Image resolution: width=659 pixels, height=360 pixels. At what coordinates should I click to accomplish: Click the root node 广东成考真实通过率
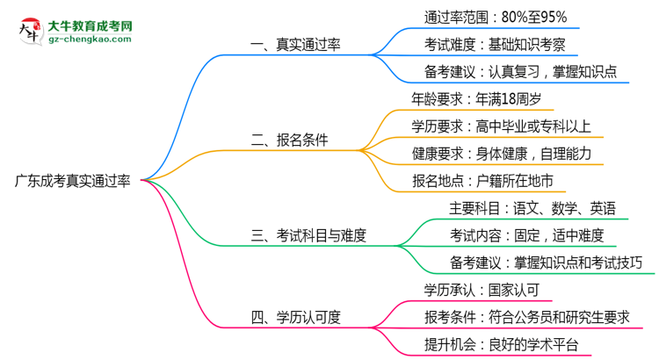click(73, 182)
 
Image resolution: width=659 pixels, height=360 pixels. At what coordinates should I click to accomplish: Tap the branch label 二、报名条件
click(290, 140)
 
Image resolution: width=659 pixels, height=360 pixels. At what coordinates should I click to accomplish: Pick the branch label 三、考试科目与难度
click(308, 234)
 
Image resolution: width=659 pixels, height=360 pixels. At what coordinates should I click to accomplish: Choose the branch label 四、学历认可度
click(296, 318)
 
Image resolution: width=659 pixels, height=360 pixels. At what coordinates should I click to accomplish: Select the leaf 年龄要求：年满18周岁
click(478, 98)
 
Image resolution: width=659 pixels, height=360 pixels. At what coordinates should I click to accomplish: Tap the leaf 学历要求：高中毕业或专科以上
click(502, 126)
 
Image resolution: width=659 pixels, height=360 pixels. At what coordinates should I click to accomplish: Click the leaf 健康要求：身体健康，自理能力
click(502, 154)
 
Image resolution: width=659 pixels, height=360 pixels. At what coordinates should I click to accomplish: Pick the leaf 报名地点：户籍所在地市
click(483, 181)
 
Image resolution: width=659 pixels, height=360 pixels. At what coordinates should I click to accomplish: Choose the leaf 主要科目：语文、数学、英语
click(532, 208)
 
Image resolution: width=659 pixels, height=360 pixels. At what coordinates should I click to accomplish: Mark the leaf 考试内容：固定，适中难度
click(527, 235)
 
